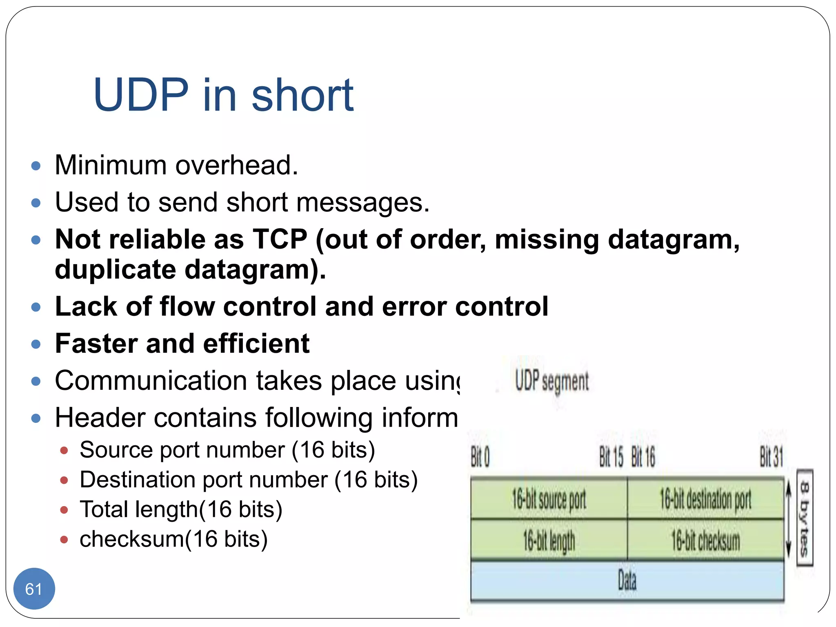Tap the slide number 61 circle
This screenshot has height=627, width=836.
[34, 589]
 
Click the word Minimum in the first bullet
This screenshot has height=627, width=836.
[110, 165]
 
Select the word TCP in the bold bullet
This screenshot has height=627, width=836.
[280, 239]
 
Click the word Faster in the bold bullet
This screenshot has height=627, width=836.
[96, 343]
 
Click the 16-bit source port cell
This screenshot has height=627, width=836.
[549, 499]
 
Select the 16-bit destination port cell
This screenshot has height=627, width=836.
[705, 499]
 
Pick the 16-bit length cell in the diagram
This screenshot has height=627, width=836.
[549, 540]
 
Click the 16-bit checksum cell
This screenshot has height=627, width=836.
[705, 540]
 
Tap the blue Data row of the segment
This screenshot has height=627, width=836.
[627, 580]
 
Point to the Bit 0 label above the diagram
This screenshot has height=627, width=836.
[480, 457]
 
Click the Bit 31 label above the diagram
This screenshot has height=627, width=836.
[771, 457]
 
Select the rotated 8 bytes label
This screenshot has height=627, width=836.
[805, 518]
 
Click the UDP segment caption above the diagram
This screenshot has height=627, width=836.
[551, 381]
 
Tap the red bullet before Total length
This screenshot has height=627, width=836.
[64, 510]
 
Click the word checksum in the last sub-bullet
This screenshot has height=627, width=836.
[132, 539]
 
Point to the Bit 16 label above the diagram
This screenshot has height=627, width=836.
[643, 457]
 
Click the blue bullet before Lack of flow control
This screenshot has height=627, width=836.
[36, 307]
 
